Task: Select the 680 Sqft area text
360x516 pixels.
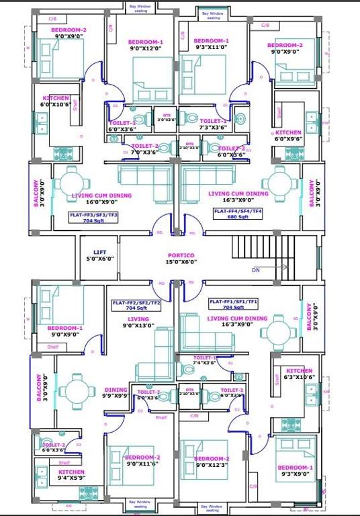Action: coord(237,217)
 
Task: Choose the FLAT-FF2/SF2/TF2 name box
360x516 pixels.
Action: coord(136,307)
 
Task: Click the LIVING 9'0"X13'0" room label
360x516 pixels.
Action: coord(138,322)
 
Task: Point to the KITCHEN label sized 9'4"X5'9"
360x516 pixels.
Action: coord(66,476)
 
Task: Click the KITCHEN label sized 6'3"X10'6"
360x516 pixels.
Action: coord(299,374)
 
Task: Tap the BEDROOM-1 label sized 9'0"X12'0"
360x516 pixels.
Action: coord(146,45)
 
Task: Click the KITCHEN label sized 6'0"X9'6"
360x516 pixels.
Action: coord(288,136)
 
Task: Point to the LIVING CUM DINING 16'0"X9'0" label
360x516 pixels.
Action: coord(101,199)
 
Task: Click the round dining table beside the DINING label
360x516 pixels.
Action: coord(73,391)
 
